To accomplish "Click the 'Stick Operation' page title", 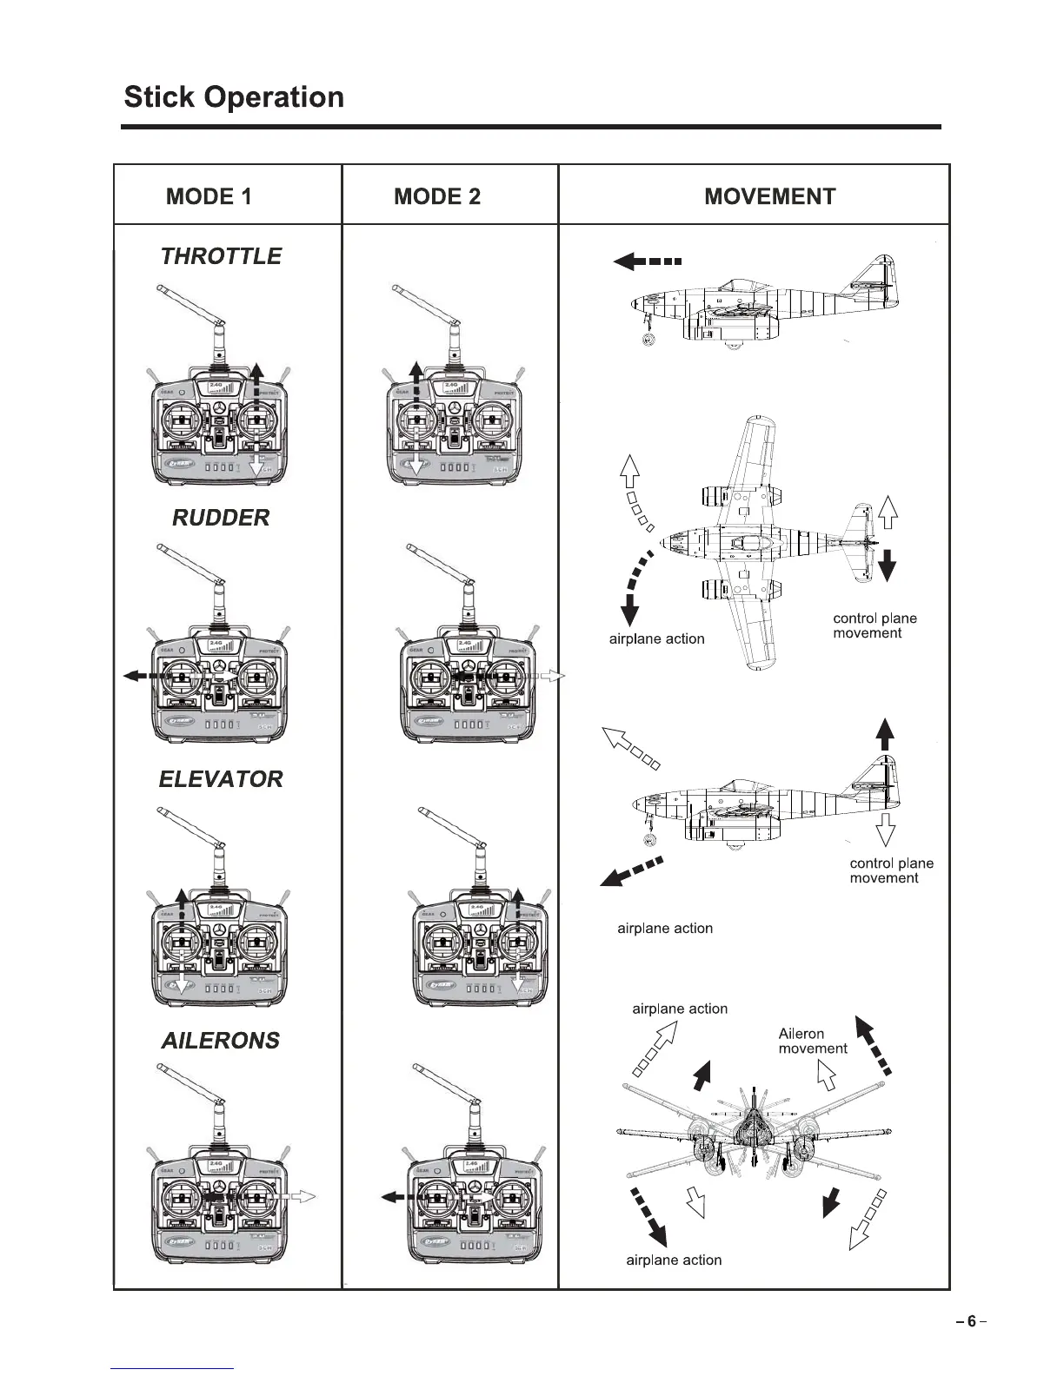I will (234, 96).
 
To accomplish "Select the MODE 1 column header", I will (209, 196).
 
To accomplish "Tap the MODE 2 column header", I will (436, 196).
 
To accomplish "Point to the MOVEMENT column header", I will (769, 196).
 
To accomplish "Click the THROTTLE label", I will (221, 256).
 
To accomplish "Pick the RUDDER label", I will (221, 518).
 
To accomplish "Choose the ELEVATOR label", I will (221, 779).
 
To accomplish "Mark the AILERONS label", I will (221, 1041).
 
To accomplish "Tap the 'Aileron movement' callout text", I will (812, 1041).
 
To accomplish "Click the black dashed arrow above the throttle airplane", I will (648, 261).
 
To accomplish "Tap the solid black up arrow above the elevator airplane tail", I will (885, 734).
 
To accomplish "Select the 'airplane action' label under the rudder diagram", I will (656, 639).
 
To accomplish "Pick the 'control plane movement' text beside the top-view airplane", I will (874, 625).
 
